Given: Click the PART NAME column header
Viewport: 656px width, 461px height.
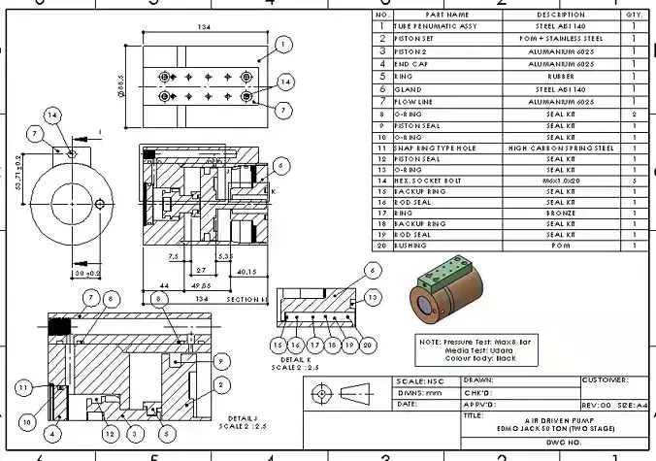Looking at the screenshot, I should point(446,16).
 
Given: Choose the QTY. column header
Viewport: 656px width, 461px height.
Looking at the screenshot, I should point(634,16).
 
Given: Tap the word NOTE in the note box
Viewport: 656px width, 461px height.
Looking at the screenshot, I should point(430,343).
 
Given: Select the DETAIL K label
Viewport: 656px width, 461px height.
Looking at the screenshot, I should point(292,359).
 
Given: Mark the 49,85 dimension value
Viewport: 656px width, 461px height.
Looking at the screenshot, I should point(202,286).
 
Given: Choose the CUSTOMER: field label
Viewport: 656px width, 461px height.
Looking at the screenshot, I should point(605,380).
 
